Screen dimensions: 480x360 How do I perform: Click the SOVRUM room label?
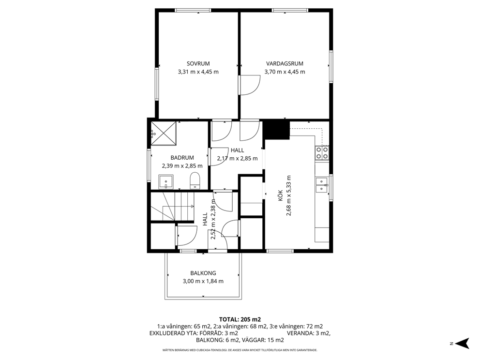[x=198, y=64]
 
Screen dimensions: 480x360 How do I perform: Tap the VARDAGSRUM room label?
[x=285, y=64]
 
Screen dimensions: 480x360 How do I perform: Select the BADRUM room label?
[x=182, y=158]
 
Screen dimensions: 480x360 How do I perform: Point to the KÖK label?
[x=280, y=196]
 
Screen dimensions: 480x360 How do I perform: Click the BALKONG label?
[x=203, y=273]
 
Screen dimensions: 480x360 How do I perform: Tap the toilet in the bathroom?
[x=195, y=180]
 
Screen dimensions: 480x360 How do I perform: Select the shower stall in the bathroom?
[x=164, y=133]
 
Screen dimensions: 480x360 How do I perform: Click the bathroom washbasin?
[x=166, y=182]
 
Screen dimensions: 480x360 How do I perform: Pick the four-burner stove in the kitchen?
[x=322, y=153]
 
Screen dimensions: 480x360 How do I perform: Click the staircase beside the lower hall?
[x=172, y=206]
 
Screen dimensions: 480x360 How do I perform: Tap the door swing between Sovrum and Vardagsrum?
[x=250, y=85]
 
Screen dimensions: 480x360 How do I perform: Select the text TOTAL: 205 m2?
[x=240, y=320]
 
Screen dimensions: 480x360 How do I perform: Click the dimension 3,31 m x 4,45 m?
[x=198, y=72]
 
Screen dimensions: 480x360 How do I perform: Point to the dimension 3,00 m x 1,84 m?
[x=203, y=281]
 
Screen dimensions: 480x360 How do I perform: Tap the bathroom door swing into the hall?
[x=219, y=157]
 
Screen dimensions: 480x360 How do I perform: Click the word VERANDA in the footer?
[x=299, y=333]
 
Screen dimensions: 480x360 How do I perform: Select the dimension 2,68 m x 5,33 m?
[x=289, y=196]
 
